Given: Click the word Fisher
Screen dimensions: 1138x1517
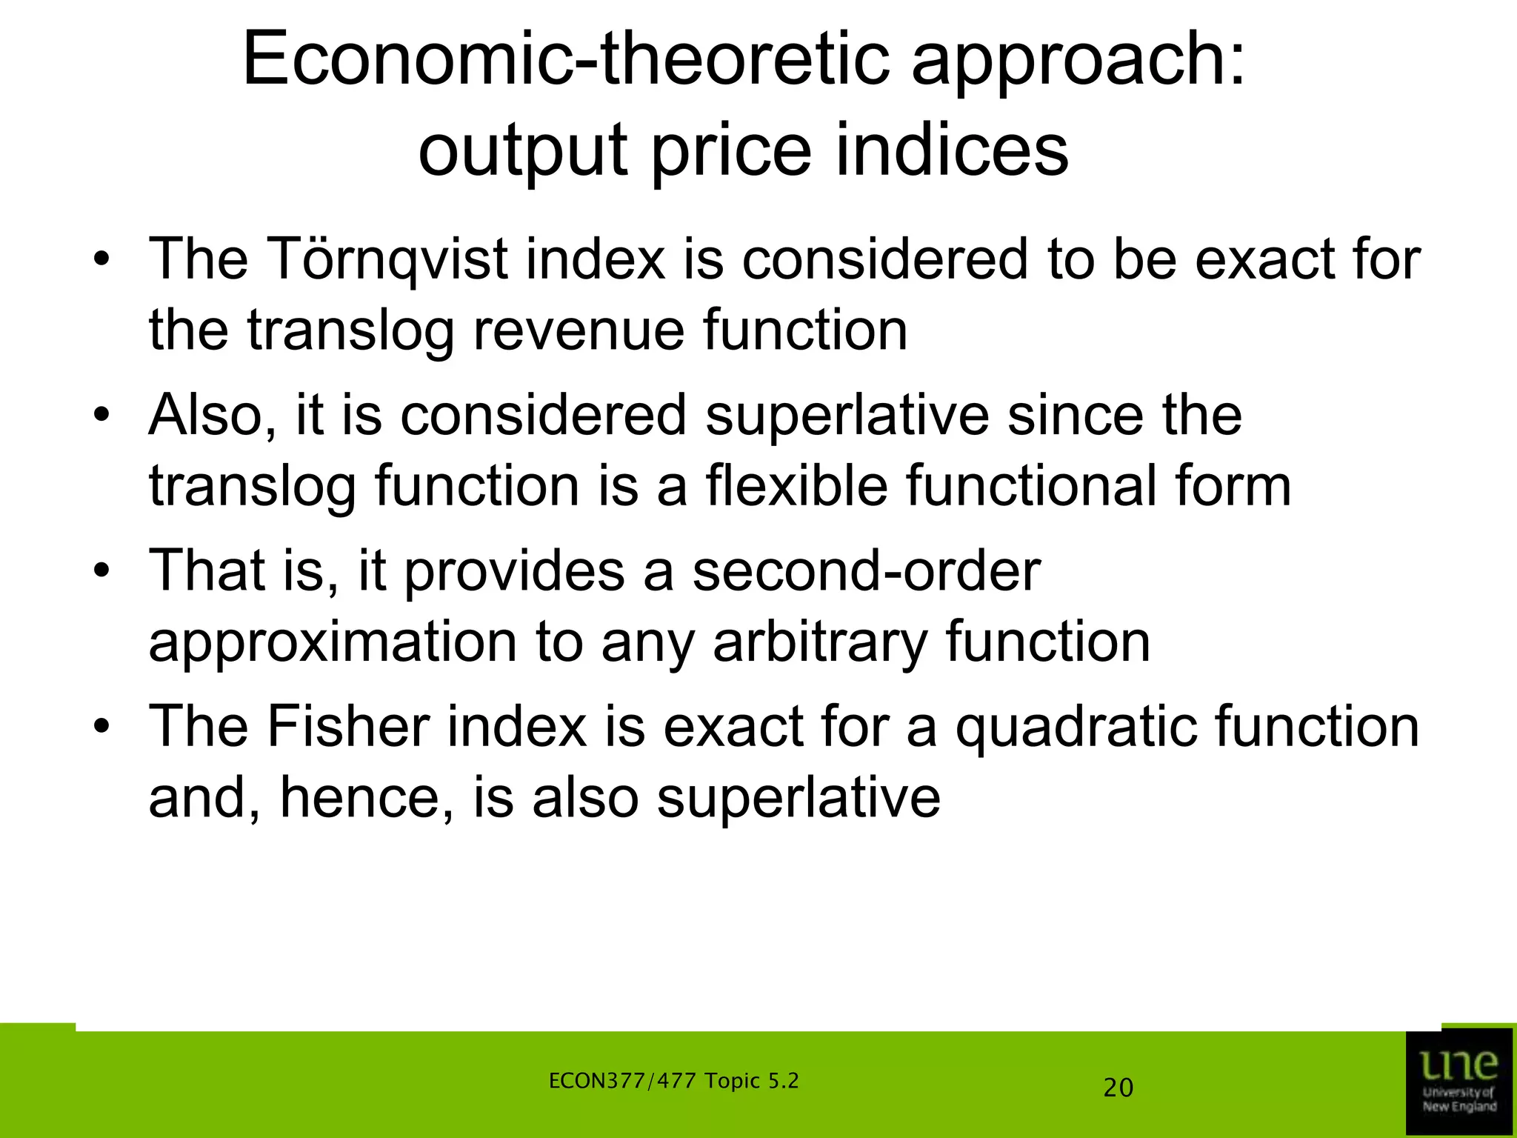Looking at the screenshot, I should click(x=348, y=726).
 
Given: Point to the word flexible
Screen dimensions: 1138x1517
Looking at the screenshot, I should click(x=796, y=485).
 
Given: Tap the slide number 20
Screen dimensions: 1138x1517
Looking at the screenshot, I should click(x=1118, y=1088).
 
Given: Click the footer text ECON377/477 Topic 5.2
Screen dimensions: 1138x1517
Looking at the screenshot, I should click(x=673, y=1081).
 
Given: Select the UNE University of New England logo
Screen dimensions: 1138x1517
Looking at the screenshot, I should click(x=1458, y=1082).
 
